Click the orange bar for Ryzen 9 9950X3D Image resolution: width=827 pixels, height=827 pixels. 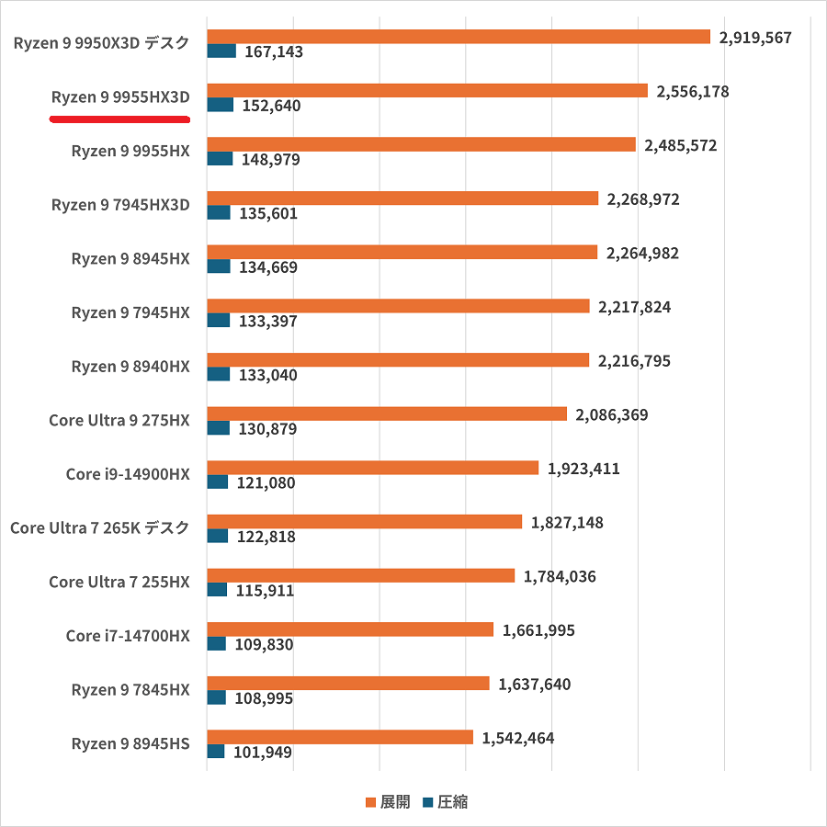pyautogui.click(x=459, y=37)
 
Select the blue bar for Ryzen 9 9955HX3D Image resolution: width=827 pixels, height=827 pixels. pyautogui.click(x=221, y=105)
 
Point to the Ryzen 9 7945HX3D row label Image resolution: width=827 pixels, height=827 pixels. pyautogui.click(x=120, y=205)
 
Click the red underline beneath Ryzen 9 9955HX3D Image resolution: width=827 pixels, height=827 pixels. pyautogui.click(x=119, y=119)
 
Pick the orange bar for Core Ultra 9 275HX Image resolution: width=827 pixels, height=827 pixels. pyautogui.click(x=387, y=413)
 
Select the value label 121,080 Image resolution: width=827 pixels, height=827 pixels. pyautogui.click(x=267, y=482)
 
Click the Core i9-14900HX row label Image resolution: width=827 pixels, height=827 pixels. pyautogui.click(x=128, y=474)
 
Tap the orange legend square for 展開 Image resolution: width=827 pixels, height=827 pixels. pyautogui.click(x=370, y=802)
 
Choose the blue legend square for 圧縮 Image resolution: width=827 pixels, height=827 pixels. pyautogui.click(x=427, y=802)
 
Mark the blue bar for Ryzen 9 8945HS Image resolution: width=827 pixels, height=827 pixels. pyautogui.click(x=216, y=751)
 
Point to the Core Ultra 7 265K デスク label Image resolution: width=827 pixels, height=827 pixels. pyautogui.click(x=99, y=527)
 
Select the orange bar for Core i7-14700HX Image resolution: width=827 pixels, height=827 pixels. pyautogui.click(x=350, y=629)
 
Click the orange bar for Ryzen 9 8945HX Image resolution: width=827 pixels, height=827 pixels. pyautogui.click(x=402, y=252)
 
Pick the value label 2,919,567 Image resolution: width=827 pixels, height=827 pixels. pyautogui.click(x=755, y=38)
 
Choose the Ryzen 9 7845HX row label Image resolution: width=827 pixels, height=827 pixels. pyautogui.click(x=130, y=689)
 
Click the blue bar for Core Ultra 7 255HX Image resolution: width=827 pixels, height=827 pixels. pyautogui.click(x=217, y=589)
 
